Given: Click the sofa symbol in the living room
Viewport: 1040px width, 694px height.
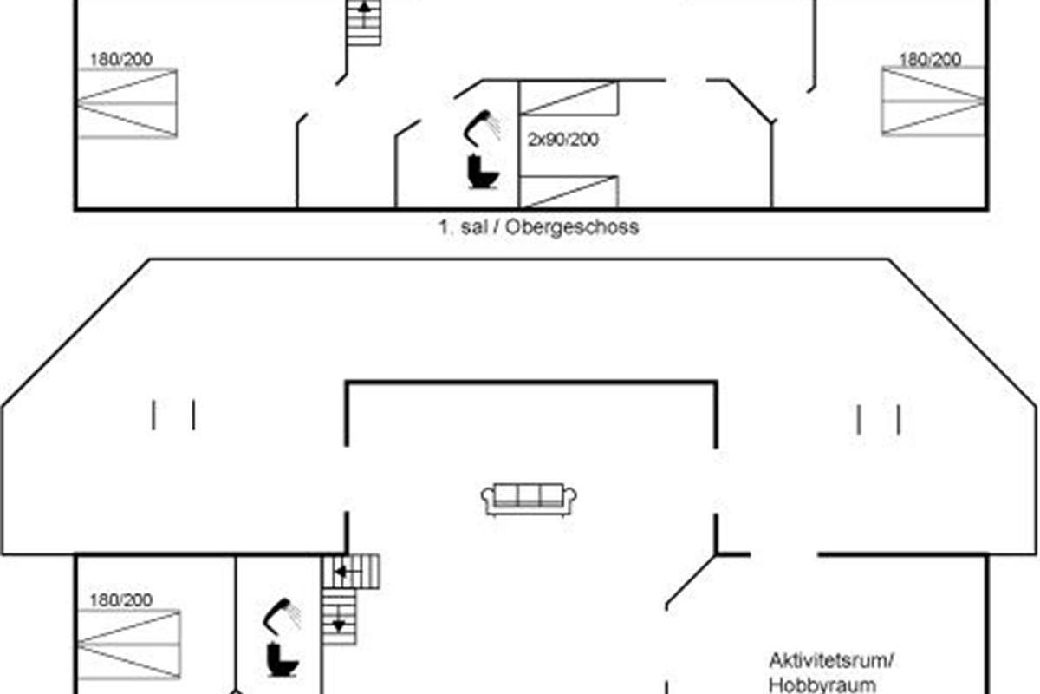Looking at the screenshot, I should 530,499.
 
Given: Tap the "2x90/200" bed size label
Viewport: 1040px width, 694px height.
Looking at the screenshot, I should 563,139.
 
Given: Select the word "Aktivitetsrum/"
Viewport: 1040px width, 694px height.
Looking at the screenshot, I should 831,661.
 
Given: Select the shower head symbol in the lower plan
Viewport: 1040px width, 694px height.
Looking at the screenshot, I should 283,614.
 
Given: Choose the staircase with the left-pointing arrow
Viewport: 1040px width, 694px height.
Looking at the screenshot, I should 351,572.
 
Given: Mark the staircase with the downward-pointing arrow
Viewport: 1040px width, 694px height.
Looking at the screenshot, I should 339,618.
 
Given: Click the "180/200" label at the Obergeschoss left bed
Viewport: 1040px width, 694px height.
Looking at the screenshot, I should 120,60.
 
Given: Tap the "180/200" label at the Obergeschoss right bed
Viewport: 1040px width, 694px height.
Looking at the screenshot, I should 930,60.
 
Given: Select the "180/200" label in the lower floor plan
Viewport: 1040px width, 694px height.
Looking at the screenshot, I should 120,600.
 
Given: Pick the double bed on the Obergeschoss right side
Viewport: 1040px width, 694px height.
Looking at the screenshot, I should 933,101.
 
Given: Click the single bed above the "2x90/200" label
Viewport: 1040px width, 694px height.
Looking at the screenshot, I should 568,97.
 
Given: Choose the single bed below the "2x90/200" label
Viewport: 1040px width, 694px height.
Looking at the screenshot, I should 568,191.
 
